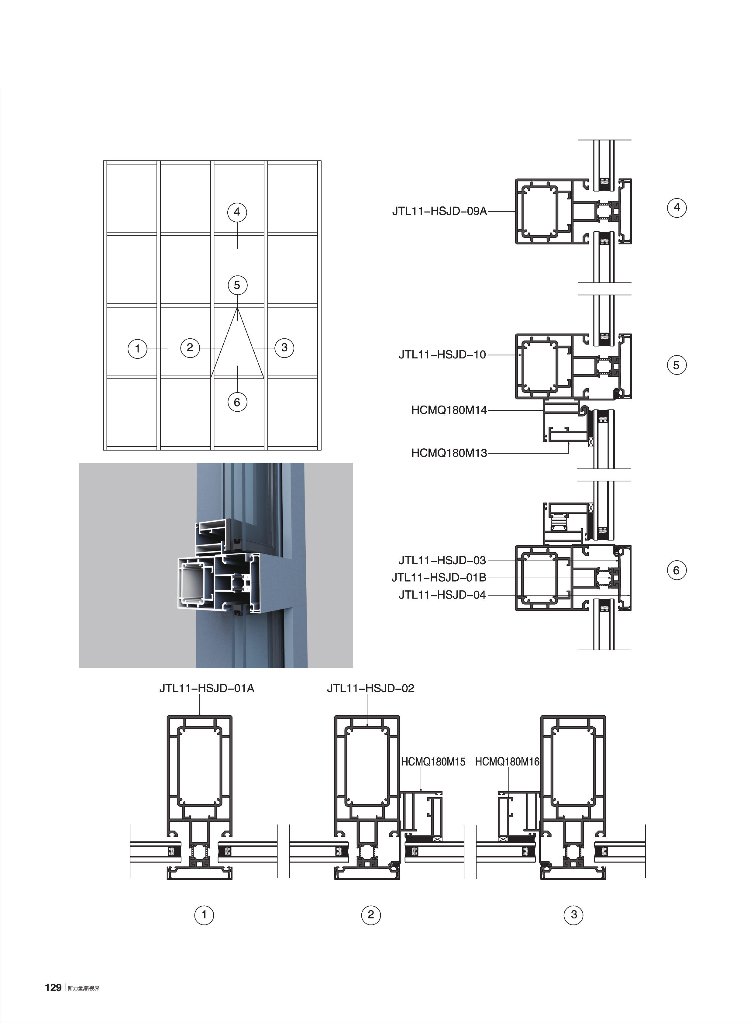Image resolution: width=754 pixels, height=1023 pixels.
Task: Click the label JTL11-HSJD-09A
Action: [439, 211]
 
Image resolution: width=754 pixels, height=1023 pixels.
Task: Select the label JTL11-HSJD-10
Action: [442, 355]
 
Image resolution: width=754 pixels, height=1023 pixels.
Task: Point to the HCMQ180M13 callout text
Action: [449, 453]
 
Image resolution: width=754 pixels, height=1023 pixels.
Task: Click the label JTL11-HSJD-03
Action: [442, 560]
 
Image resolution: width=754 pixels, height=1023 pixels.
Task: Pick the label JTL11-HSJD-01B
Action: [439, 577]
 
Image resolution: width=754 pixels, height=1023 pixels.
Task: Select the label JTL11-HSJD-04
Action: [442, 595]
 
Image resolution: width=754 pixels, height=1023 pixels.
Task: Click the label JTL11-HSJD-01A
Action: [206, 688]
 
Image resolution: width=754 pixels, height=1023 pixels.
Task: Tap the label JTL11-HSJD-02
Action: [370, 688]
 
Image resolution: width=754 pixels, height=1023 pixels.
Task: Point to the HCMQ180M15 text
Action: [433, 762]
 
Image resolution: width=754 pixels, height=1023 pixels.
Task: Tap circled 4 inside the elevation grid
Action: [237, 212]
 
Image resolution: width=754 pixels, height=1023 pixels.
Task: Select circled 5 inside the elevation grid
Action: [237, 285]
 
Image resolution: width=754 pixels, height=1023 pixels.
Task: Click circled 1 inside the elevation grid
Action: [137, 349]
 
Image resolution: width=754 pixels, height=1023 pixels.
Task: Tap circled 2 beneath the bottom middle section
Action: [370, 914]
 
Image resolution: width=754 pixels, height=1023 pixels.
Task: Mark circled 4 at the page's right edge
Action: [677, 207]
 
